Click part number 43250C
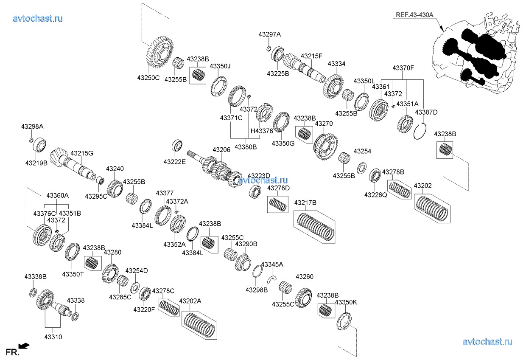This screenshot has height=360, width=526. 148,78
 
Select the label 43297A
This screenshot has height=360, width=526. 270,34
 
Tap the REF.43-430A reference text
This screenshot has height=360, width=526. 414,15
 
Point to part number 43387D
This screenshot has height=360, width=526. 426,112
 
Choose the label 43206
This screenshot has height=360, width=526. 221,149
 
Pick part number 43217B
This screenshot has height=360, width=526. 305,202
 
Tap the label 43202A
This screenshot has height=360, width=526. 190,301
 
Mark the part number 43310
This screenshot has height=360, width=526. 53,337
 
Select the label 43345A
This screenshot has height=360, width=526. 272,264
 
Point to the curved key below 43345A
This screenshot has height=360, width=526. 272,278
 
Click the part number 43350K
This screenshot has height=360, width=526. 346,302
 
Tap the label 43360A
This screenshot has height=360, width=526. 57,195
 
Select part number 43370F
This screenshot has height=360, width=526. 403,67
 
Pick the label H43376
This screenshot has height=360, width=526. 262,131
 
